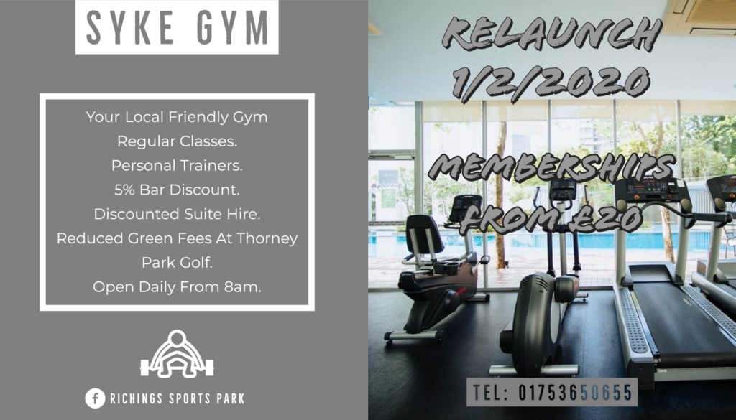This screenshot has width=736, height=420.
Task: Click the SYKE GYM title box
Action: [177, 27]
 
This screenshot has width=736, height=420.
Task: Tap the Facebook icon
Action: [95, 398]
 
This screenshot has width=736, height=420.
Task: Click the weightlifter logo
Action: [177, 354]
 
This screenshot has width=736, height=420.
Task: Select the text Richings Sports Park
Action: [178, 399]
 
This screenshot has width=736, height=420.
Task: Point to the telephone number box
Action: [552, 392]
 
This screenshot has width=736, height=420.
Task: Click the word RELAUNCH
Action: [552, 33]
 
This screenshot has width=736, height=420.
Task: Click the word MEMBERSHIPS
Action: [552, 167]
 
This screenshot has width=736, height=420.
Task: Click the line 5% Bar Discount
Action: [177, 190]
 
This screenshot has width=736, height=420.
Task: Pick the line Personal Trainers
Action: [177, 165]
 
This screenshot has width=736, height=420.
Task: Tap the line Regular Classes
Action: [177, 141]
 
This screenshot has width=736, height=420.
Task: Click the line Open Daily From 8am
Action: [177, 286]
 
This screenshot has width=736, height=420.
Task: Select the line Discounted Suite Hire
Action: [177, 214]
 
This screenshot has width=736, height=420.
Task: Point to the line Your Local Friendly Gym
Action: [177, 117]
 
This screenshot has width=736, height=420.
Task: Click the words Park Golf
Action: [177, 263]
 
